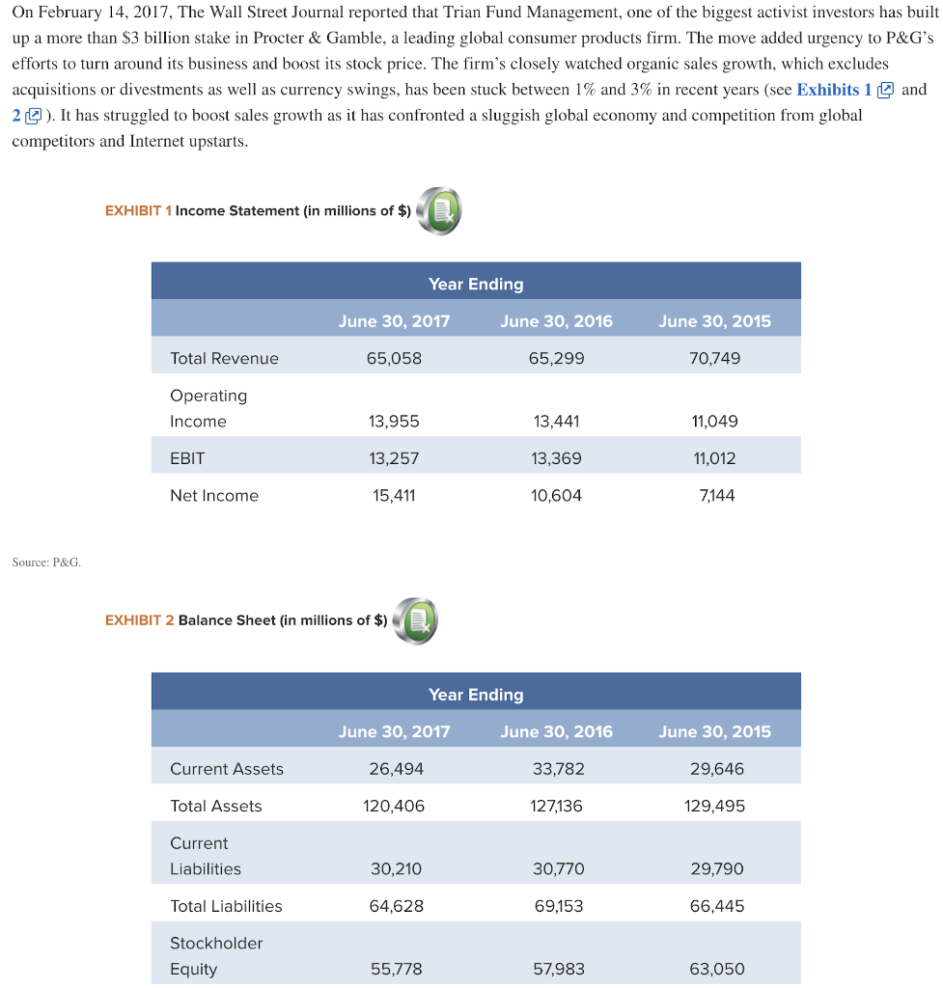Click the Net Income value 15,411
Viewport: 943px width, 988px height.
pyautogui.click(x=394, y=495)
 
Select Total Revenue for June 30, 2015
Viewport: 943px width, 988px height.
pyautogui.click(x=714, y=358)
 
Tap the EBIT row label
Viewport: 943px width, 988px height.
pyautogui.click(x=187, y=458)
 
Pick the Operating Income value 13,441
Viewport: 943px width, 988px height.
pyautogui.click(x=556, y=421)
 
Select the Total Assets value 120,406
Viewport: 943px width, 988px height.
pyautogui.click(x=394, y=806)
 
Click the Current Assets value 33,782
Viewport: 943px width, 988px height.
pyautogui.click(x=556, y=769)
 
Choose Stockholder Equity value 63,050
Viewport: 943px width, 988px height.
pyautogui.click(x=714, y=969)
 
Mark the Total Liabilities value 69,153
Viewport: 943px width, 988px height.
pyautogui.click(x=556, y=906)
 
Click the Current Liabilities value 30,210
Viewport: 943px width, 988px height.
pyautogui.click(x=394, y=868)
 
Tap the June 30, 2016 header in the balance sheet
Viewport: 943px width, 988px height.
pyautogui.click(x=556, y=731)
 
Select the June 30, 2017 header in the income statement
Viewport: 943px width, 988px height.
pyautogui.click(x=394, y=321)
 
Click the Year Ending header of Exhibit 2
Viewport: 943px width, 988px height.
pyautogui.click(x=476, y=695)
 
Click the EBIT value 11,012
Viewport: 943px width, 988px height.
pyautogui.click(x=714, y=458)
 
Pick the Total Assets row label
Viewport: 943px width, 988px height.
pyautogui.click(x=215, y=806)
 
